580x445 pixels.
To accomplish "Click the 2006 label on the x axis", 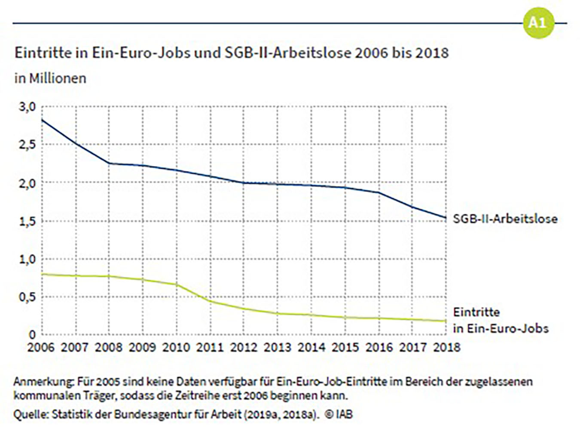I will (41, 347).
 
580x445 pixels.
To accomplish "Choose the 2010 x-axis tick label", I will (176, 347).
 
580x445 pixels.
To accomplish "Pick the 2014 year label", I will (311, 347).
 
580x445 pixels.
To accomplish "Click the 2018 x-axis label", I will (446, 347).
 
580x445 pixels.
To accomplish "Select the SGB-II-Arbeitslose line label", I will (505, 219).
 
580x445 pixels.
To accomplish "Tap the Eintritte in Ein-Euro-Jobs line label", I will (501, 320).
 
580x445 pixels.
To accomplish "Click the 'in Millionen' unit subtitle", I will (50, 78).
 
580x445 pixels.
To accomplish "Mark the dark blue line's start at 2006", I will (42, 120).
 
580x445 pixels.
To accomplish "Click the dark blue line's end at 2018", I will (446, 217).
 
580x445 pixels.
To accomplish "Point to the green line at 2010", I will (177, 284).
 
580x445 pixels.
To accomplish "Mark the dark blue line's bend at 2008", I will (109, 163).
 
